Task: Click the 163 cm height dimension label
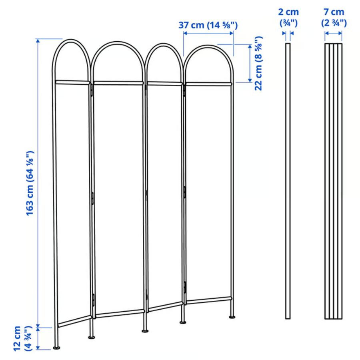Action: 30,183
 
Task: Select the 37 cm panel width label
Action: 208,25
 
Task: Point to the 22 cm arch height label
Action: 258,63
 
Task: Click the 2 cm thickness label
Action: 288,18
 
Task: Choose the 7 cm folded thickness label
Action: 334,18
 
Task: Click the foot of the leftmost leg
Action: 56,348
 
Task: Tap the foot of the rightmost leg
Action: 232,317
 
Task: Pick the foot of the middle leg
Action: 145,331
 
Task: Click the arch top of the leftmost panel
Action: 71,40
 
